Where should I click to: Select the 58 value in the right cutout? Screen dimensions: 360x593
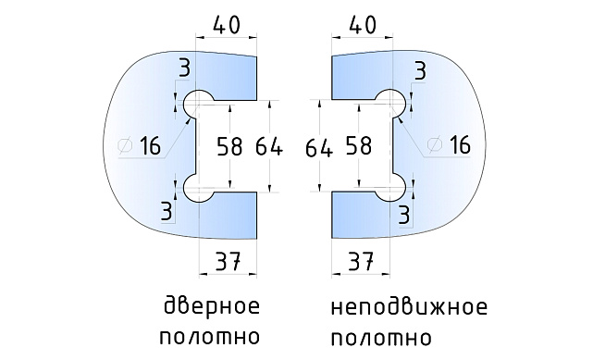tap(360, 145)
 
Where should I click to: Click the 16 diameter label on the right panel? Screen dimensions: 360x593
tap(453, 145)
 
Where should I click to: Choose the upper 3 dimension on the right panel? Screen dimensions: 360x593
tap(420, 68)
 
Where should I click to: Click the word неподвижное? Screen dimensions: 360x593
tap(407, 306)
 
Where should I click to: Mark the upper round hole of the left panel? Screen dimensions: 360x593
tap(198, 103)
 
